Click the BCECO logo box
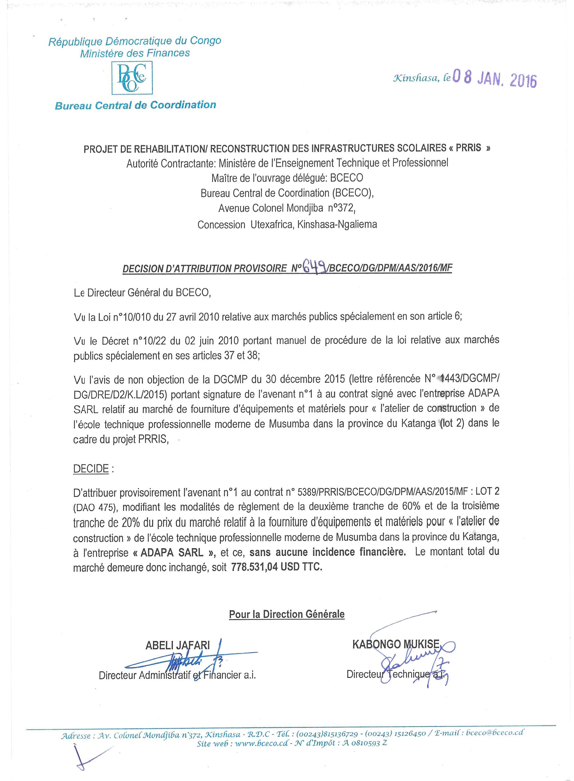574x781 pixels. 132,77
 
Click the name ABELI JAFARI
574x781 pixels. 178,646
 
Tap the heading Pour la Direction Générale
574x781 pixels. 287,614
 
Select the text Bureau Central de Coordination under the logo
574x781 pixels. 135,105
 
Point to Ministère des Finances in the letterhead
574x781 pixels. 135,53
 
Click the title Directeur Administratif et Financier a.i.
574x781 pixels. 177,675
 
